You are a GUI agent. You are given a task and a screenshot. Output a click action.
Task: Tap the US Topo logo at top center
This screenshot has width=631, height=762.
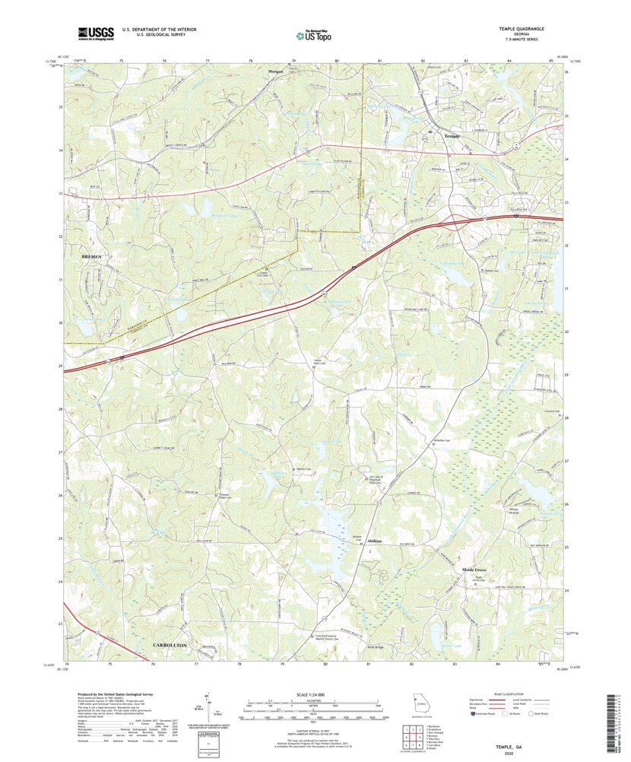[315, 33]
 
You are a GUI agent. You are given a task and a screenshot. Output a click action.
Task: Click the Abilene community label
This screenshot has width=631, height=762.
[374, 541]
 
